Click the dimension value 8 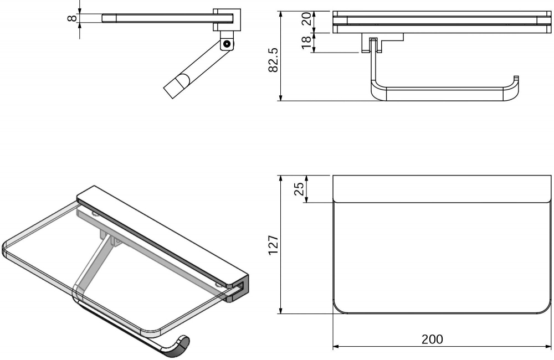[x=71, y=18]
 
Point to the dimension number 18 [x=306, y=43]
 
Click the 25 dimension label [x=299, y=189]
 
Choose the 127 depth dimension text [x=273, y=244]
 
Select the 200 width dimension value [x=432, y=340]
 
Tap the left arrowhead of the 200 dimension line [x=336, y=348]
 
